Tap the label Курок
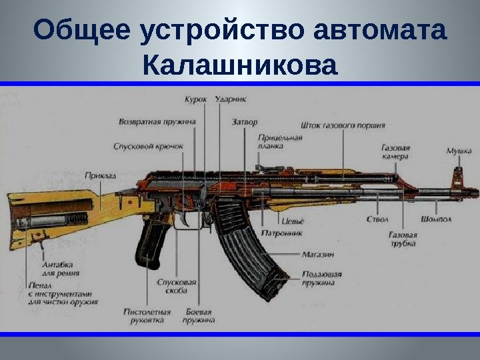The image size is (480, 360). tap(195, 99)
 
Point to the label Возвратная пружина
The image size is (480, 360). tap(157, 122)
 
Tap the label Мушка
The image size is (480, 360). tap(459, 151)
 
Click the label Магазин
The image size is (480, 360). tap(317, 254)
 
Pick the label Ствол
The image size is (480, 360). tap(377, 219)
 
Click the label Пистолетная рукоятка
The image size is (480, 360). tap(147, 315)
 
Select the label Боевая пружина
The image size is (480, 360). tap(199, 315)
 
